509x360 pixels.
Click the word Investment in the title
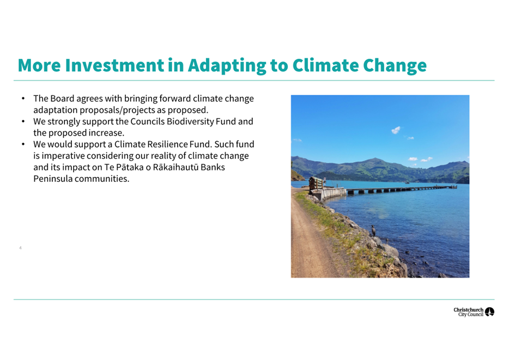[x=114, y=65]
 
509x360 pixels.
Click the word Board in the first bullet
[x=62, y=99]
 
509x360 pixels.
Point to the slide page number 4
[x=21, y=248]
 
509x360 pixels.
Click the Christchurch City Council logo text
[x=469, y=312]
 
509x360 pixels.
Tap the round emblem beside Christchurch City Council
[x=489, y=312]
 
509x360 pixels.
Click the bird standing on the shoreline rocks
[x=374, y=230]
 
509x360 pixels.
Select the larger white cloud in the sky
[x=396, y=130]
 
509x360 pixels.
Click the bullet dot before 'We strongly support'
[x=23, y=121]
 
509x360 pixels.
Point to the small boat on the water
[x=407, y=182]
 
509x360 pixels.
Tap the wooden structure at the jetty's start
[x=316, y=183]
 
